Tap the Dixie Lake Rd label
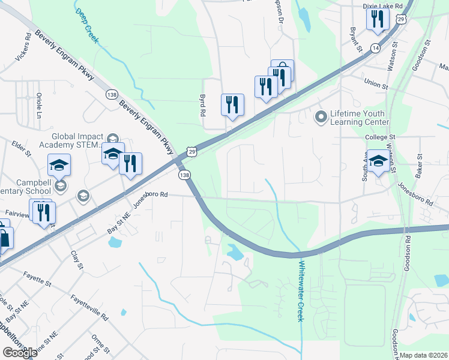382,5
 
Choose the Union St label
376,83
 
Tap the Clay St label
76,260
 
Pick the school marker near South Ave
378,161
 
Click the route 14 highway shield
376,47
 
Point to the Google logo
20,352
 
